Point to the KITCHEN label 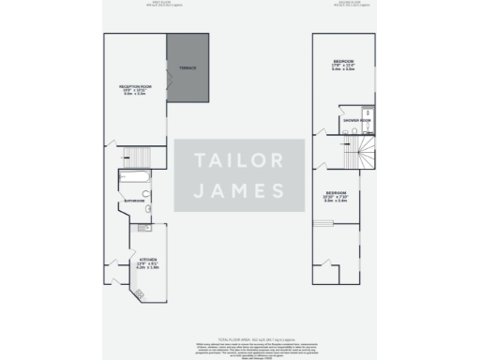point(148,258)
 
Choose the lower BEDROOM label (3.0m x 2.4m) point(336,191)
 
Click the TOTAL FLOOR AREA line point(240,337)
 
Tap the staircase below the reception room point(137,156)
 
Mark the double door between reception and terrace point(168,84)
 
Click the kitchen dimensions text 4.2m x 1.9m point(148,268)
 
